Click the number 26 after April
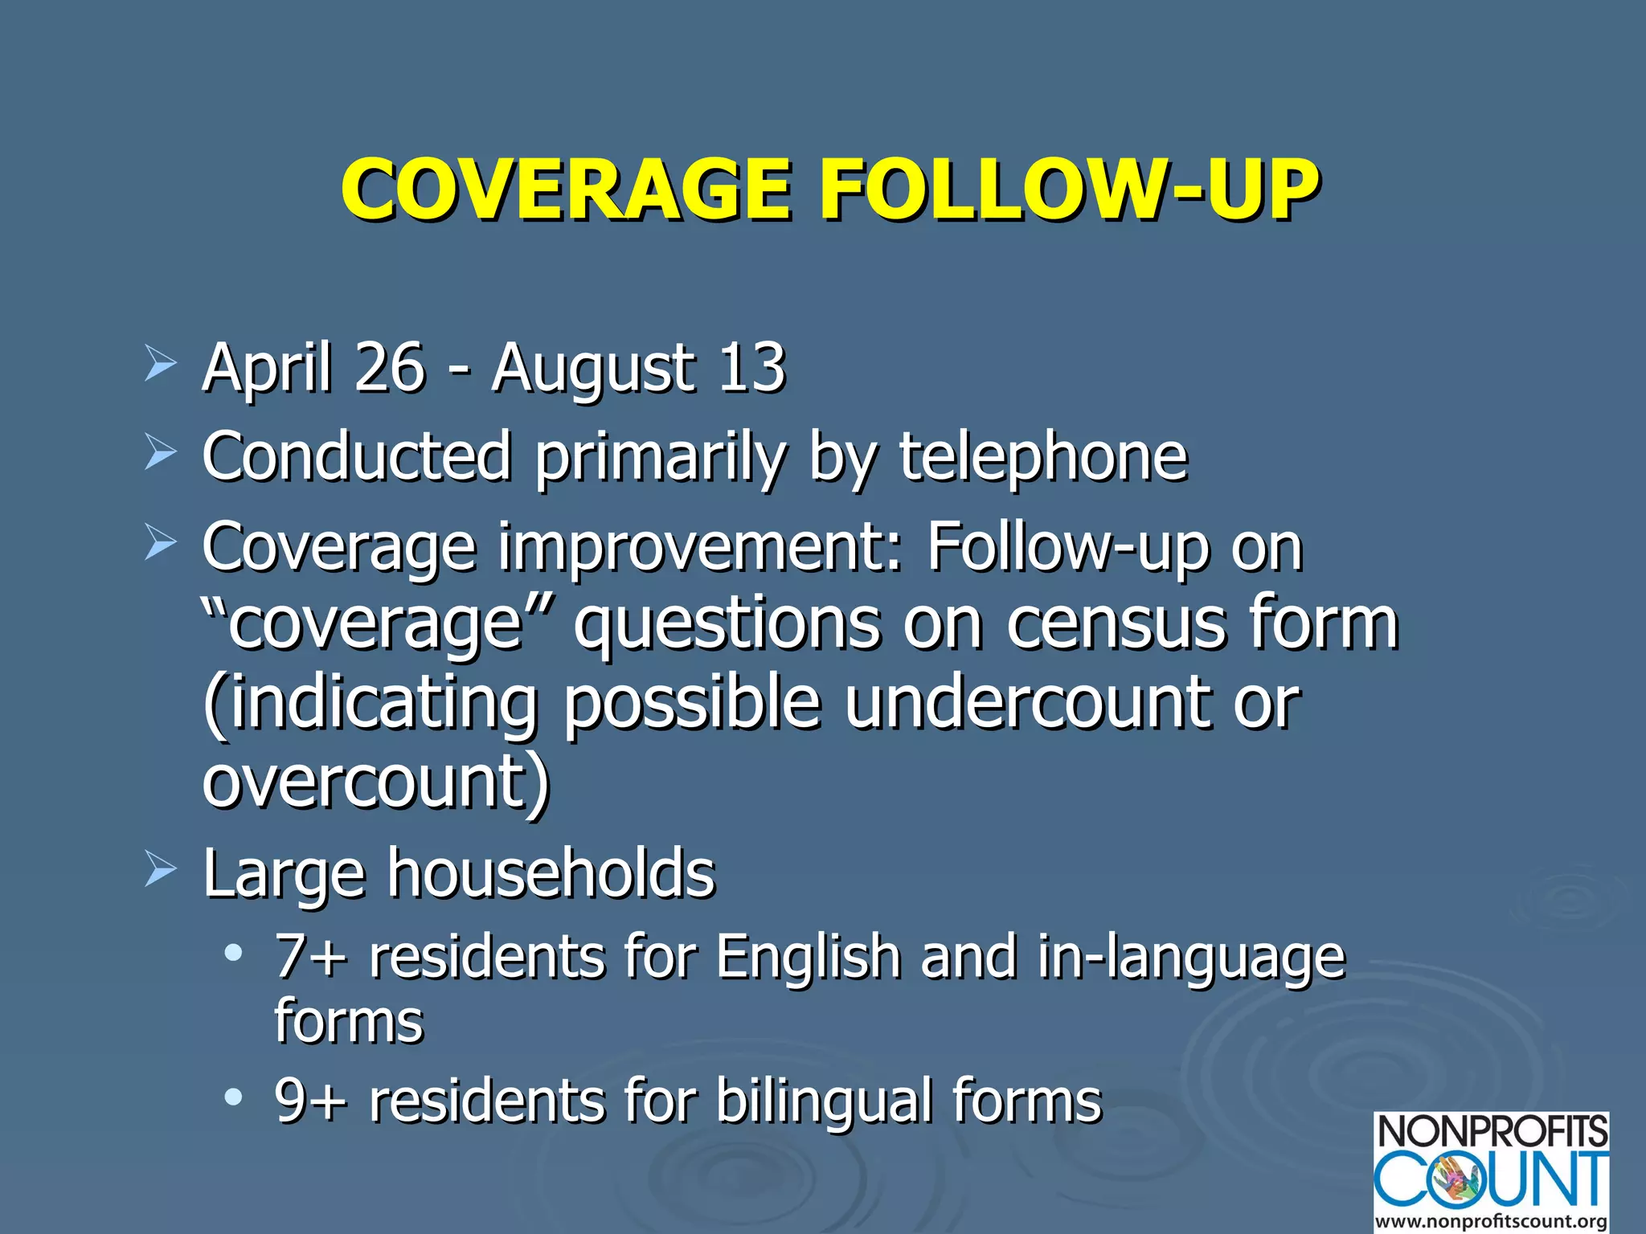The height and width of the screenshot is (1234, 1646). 388,367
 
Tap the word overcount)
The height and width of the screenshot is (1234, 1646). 376,781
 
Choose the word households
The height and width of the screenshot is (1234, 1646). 551,873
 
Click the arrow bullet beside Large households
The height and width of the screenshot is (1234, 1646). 160,871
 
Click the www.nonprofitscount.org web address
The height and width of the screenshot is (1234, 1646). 1491,1221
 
